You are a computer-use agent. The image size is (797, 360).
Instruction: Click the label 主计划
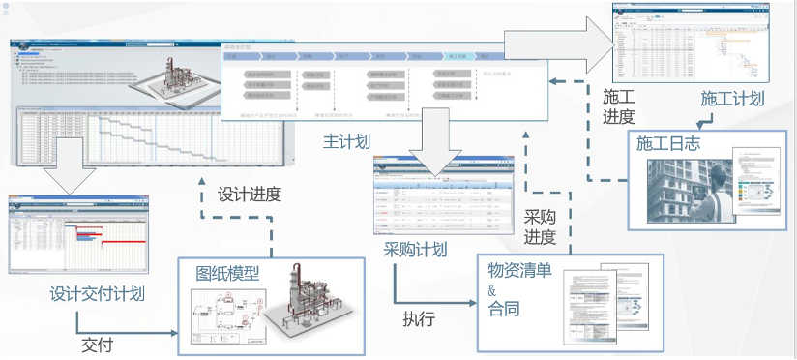tap(347, 141)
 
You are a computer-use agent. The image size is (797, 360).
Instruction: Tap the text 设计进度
tap(250, 194)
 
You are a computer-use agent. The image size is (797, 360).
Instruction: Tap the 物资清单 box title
tap(520, 270)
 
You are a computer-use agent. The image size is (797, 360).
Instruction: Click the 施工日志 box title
tap(667, 142)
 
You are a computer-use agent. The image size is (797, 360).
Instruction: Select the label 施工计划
tap(732, 99)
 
